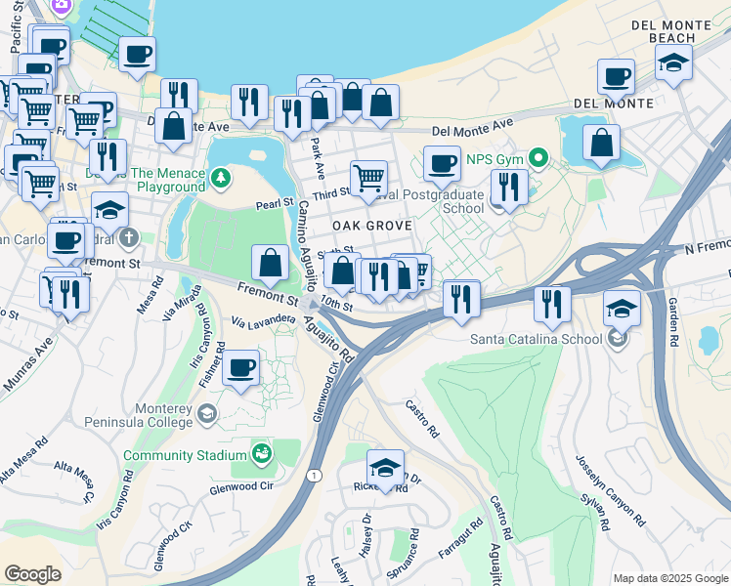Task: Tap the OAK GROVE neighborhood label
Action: pyautogui.click(x=370, y=225)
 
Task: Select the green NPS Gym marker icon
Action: pyautogui.click(x=537, y=157)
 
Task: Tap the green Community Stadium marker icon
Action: pyautogui.click(x=261, y=453)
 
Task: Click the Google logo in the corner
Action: pyautogui.click(x=33, y=573)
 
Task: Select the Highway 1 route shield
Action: pyautogui.click(x=314, y=475)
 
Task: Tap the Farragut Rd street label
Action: pyautogui.click(x=460, y=539)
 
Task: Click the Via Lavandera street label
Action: pyautogui.click(x=263, y=319)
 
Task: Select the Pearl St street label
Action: pyautogui.click(x=275, y=203)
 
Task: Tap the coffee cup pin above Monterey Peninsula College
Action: pyautogui.click(x=241, y=368)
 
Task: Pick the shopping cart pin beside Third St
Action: pyautogui.click(x=369, y=178)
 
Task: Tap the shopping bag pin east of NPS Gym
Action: pyautogui.click(x=602, y=143)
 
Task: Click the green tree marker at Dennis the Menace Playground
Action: pyautogui.click(x=222, y=177)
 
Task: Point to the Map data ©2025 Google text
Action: pyautogui.click(x=669, y=577)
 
